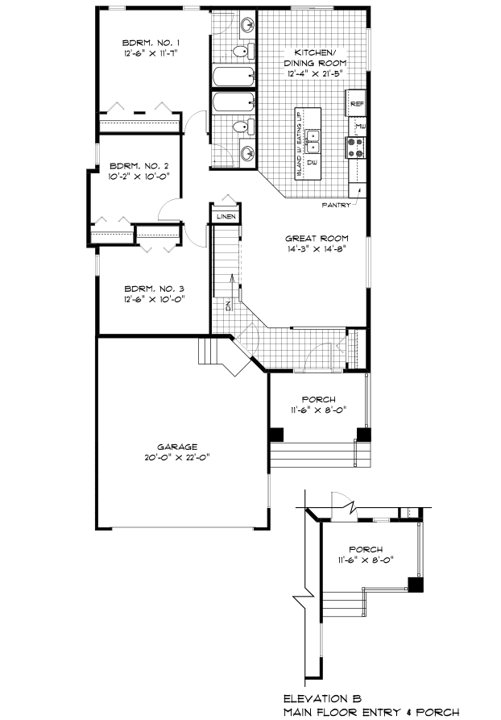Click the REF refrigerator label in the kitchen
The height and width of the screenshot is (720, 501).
(x=357, y=104)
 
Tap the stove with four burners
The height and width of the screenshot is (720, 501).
(x=354, y=146)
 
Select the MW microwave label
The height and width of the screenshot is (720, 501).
(x=360, y=126)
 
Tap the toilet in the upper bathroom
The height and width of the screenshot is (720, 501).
(x=239, y=52)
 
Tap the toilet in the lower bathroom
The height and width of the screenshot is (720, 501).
(x=239, y=127)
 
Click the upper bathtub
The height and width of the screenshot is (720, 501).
(x=233, y=77)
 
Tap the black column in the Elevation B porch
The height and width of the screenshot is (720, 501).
(x=415, y=585)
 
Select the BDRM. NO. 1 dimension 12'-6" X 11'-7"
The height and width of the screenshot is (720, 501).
(x=150, y=52)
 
